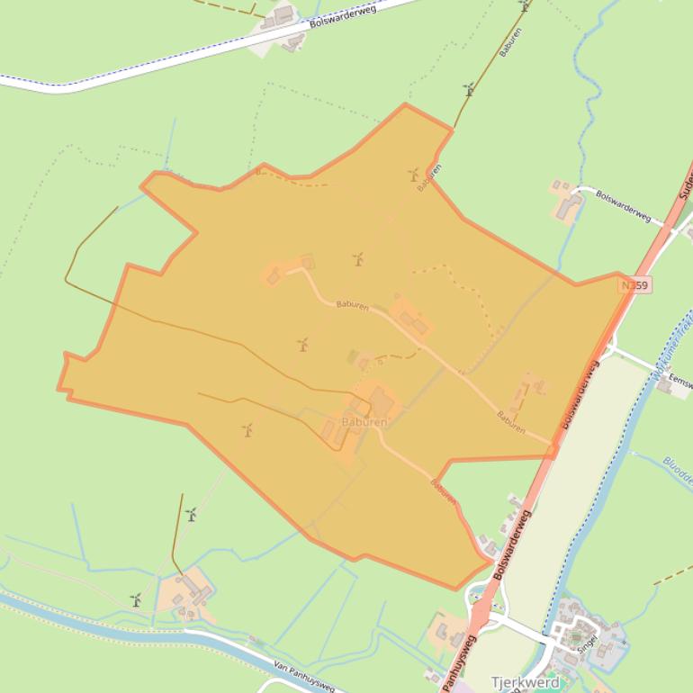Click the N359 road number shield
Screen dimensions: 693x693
click(x=634, y=285)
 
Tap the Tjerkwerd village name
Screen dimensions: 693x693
click(x=525, y=682)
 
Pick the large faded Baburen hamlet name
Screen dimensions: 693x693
click(x=364, y=422)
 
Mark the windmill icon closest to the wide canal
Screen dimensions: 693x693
click(x=136, y=599)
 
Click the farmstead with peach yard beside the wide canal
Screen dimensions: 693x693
click(x=186, y=594)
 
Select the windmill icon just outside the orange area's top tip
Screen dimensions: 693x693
click(x=468, y=89)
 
